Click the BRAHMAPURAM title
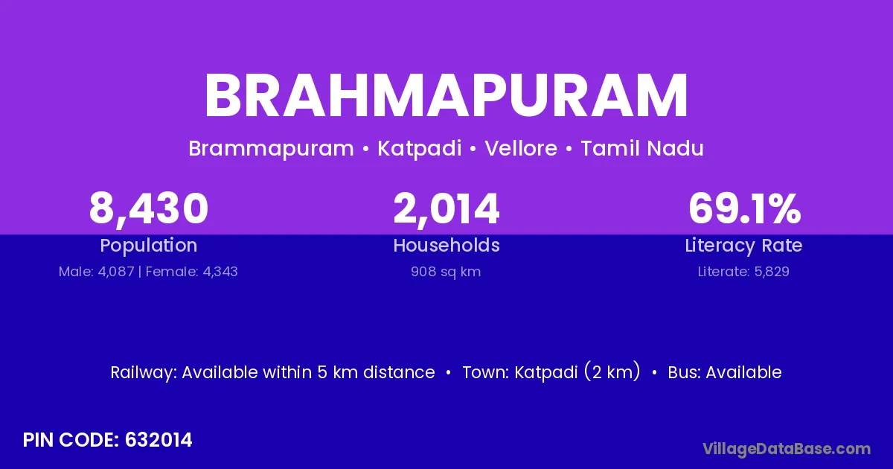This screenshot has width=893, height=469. point(446,96)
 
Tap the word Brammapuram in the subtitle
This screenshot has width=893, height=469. point(271,149)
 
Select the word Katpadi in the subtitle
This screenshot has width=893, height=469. point(420,149)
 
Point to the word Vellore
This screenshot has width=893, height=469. point(521,148)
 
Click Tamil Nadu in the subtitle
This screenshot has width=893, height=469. point(641,148)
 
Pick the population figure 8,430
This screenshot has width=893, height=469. point(149,209)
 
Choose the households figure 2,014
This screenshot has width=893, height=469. point(446,209)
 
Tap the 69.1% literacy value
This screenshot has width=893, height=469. point(745,208)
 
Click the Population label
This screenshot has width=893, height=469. point(149,246)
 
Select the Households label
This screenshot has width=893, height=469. point(446,245)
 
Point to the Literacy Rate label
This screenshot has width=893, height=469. point(743,246)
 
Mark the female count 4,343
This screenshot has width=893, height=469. point(220,272)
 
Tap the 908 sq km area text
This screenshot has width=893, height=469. point(446,272)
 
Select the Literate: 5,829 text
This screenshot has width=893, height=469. point(743,272)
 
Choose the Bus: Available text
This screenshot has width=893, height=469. point(725,372)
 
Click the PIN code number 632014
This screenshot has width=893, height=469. point(159,440)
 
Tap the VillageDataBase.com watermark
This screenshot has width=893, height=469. point(787,450)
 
